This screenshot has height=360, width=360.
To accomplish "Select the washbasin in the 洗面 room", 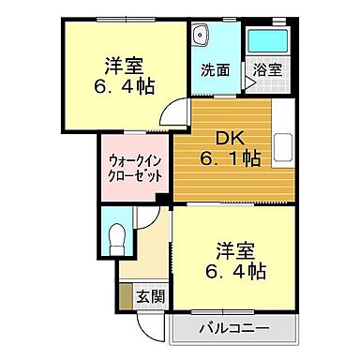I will click(200, 37).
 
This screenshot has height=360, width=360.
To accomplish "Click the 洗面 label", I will click(211, 70).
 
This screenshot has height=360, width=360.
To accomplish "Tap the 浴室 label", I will click(263, 70).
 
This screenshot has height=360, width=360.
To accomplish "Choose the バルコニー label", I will click(234, 329).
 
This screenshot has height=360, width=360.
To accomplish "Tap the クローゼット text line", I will click(133, 175).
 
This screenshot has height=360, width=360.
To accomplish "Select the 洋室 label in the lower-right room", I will click(235, 250).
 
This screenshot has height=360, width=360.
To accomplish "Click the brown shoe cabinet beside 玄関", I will click(126, 295).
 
